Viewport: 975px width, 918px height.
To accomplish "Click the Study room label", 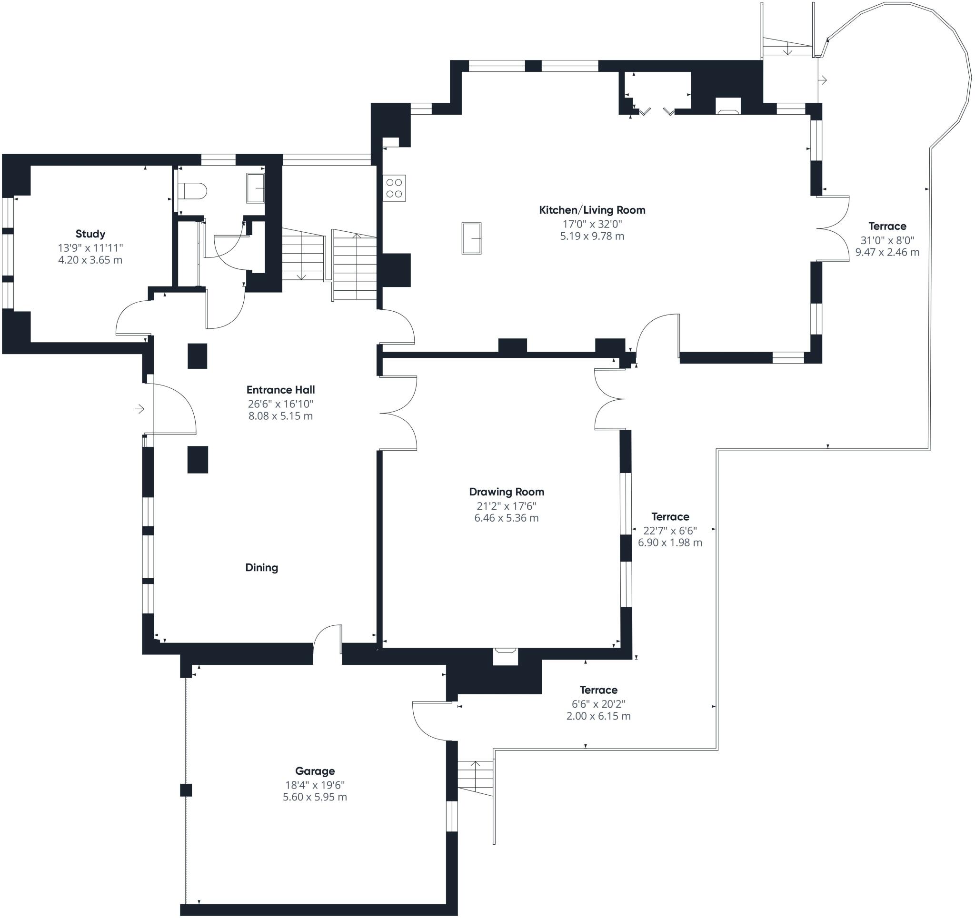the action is (90, 234).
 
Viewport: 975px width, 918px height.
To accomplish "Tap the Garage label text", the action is (315, 771).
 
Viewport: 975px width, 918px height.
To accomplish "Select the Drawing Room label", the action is (507, 492).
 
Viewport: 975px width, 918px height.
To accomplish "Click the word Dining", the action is (261, 568).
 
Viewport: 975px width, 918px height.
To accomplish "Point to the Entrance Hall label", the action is (280, 390).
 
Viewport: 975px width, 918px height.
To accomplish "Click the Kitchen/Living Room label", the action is (592, 210).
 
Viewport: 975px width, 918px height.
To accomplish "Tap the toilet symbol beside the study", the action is (192, 191).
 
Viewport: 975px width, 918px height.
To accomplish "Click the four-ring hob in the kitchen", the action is (394, 188).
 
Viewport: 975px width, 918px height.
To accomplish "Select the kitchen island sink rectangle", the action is (471, 238).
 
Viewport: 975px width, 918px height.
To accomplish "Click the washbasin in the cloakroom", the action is (255, 188).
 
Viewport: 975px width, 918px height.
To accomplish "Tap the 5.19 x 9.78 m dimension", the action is (592, 236).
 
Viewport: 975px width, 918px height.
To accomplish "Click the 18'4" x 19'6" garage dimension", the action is (315, 785).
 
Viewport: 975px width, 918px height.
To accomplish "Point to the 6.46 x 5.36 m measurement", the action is (507, 518).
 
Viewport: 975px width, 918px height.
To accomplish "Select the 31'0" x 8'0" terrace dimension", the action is (887, 240).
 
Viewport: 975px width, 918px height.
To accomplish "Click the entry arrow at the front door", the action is (140, 408).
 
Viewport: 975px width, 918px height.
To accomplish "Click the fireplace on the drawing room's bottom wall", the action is (505, 657).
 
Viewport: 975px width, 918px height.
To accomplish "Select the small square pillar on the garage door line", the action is (185, 790).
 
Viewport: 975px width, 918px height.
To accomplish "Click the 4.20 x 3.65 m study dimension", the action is (90, 260).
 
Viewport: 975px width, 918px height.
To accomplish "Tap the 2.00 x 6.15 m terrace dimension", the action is (598, 716).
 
